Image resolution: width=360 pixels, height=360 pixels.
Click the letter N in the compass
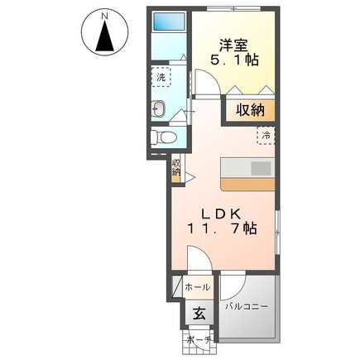coord(105,15)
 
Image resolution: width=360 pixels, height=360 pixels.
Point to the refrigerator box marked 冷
coord(266,133)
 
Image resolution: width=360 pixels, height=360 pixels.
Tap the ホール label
coord(197,287)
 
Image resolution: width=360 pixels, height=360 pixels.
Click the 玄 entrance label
coord(199,314)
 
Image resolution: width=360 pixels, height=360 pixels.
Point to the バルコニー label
coord(247,307)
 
